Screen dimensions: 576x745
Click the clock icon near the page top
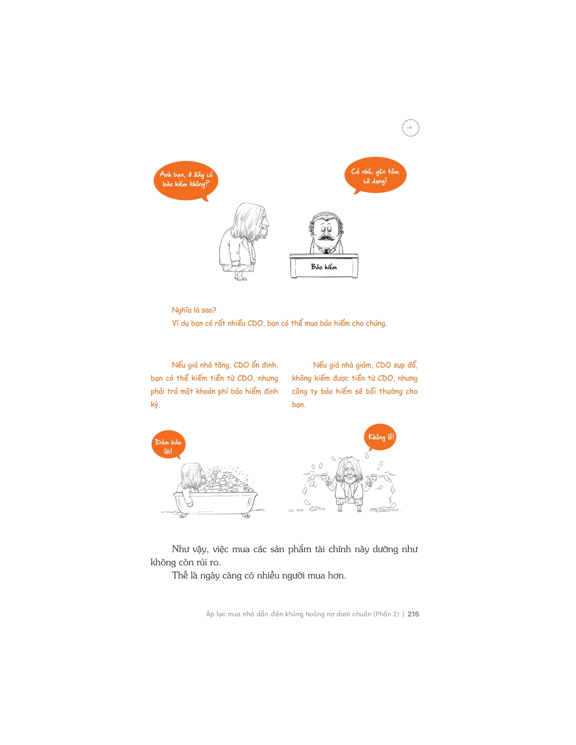click(410, 128)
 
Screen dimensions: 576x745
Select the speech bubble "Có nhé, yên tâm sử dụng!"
click(375, 175)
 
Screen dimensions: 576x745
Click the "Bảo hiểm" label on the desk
click(324, 267)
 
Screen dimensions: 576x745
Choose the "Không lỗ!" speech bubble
click(381, 437)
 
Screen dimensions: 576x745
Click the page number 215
click(413, 614)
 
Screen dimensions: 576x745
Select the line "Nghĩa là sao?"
click(194, 310)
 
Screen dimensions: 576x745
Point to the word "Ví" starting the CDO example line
click(176, 323)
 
